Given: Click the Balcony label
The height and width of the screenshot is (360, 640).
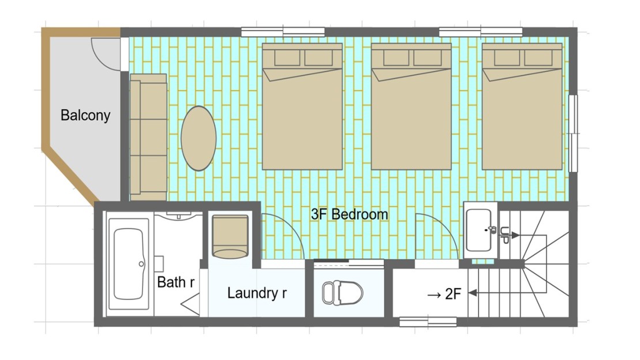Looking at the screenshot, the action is tap(85, 115).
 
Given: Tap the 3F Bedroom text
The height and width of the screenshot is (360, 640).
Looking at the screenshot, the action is tap(349, 214).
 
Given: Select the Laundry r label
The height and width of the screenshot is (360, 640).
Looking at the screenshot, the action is tap(257, 293).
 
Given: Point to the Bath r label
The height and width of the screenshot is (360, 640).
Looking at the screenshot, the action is tap(175, 282).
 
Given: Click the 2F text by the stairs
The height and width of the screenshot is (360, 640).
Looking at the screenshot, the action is tap(453, 294).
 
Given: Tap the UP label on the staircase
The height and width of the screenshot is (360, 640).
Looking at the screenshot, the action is tap(504, 235).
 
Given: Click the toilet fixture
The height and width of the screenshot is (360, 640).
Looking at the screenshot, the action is tap(342, 292).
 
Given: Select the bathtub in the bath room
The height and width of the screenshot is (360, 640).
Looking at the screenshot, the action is tap(129, 264).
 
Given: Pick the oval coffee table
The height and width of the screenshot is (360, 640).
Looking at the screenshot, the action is tap(198, 138).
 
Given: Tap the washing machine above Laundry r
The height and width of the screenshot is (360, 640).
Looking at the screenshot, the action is tap(230, 237).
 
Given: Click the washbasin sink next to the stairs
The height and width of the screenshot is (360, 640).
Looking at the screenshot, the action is tap(480, 230).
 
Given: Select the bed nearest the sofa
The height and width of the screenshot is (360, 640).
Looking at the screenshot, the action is tap(302, 106).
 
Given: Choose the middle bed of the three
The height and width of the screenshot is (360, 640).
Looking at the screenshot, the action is tap(411, 106).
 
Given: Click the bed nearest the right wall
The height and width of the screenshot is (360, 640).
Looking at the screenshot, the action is tap(522, 106).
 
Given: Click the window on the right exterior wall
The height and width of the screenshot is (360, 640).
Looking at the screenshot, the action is tap(573, 133).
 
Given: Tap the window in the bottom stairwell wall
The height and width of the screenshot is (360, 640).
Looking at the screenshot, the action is tap(428, 322).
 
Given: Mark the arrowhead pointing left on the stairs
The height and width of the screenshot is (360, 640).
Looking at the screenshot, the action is tap(473, 292).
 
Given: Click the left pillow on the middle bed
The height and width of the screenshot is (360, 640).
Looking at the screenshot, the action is tap(396, 58).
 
